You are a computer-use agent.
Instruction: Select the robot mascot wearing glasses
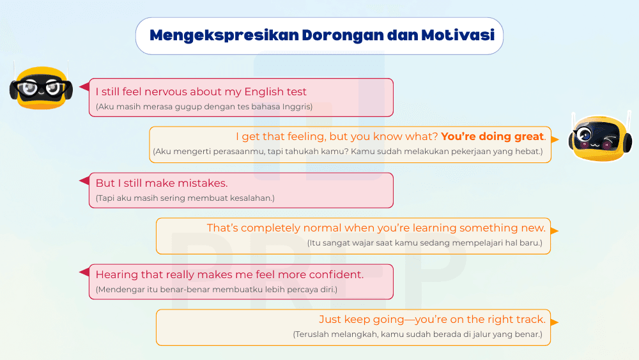click(x=41, y=87)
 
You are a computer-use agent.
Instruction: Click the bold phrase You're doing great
click(x=493, y=136)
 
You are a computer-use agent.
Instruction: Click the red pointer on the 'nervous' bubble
click(x=84, y=86)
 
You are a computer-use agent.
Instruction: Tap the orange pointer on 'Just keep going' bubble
click(x=555, y=323)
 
